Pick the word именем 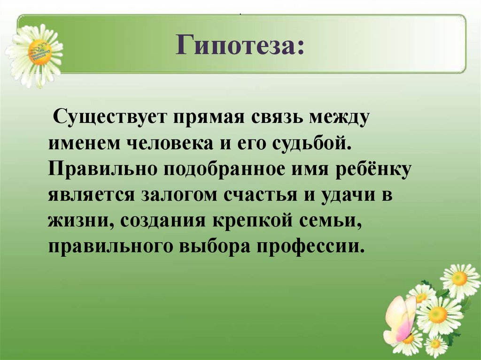[82, 143]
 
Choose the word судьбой [310, 143]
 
